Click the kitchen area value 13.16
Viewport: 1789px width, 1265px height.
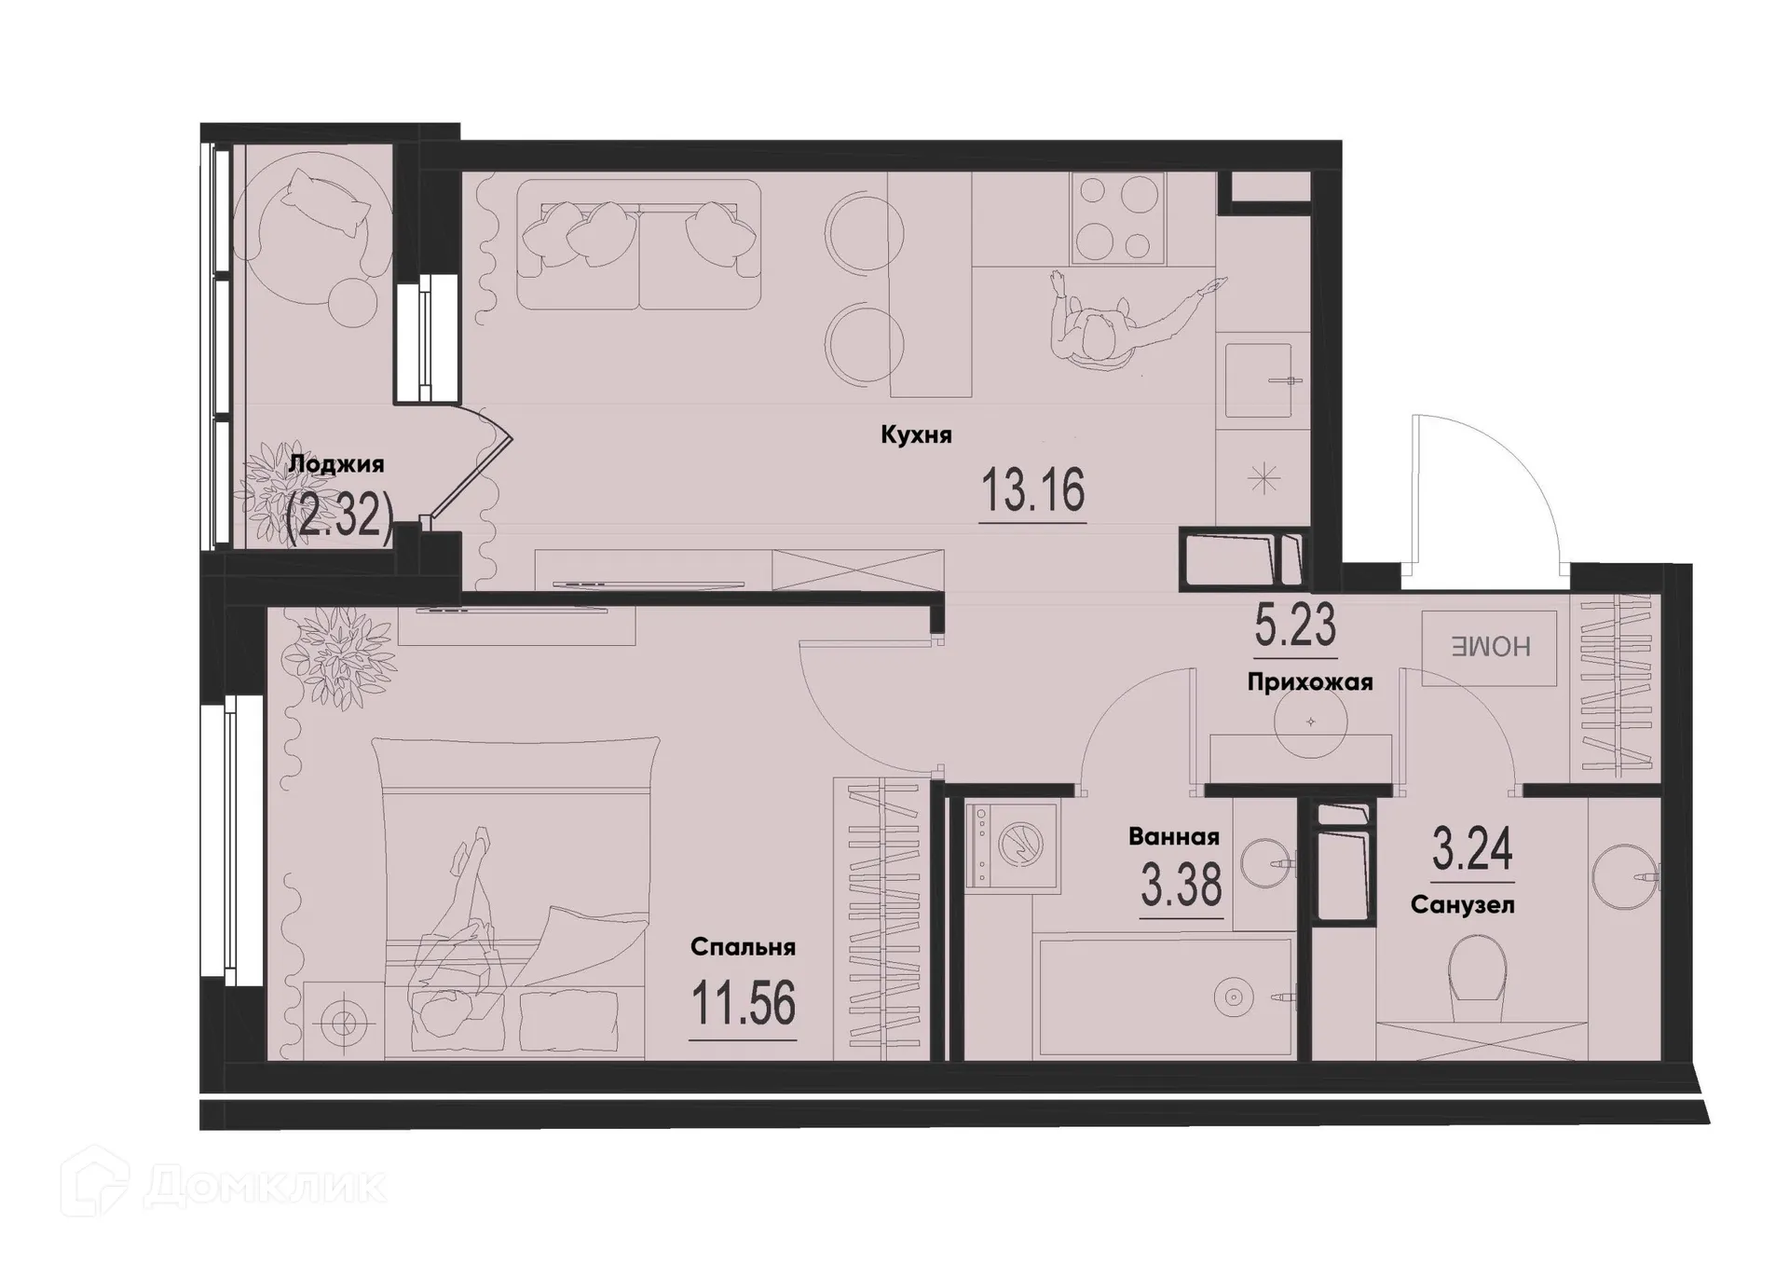1032,491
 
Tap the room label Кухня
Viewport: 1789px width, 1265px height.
916,435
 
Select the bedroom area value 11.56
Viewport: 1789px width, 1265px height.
743,1005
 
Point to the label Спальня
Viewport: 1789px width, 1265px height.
743,947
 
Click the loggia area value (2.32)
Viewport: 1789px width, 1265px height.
339,516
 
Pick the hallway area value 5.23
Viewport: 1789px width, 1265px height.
1295,626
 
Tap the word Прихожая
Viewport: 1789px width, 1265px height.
1309,682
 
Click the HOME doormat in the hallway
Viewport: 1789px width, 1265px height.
1489,648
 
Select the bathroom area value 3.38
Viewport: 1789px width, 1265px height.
1181,885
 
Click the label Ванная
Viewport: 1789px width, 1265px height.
1173,836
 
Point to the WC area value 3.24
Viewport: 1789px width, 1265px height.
1472,849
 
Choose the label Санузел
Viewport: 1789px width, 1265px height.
1462,905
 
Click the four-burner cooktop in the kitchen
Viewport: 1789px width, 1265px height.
1118,218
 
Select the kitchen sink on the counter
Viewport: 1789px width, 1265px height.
1257,380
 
